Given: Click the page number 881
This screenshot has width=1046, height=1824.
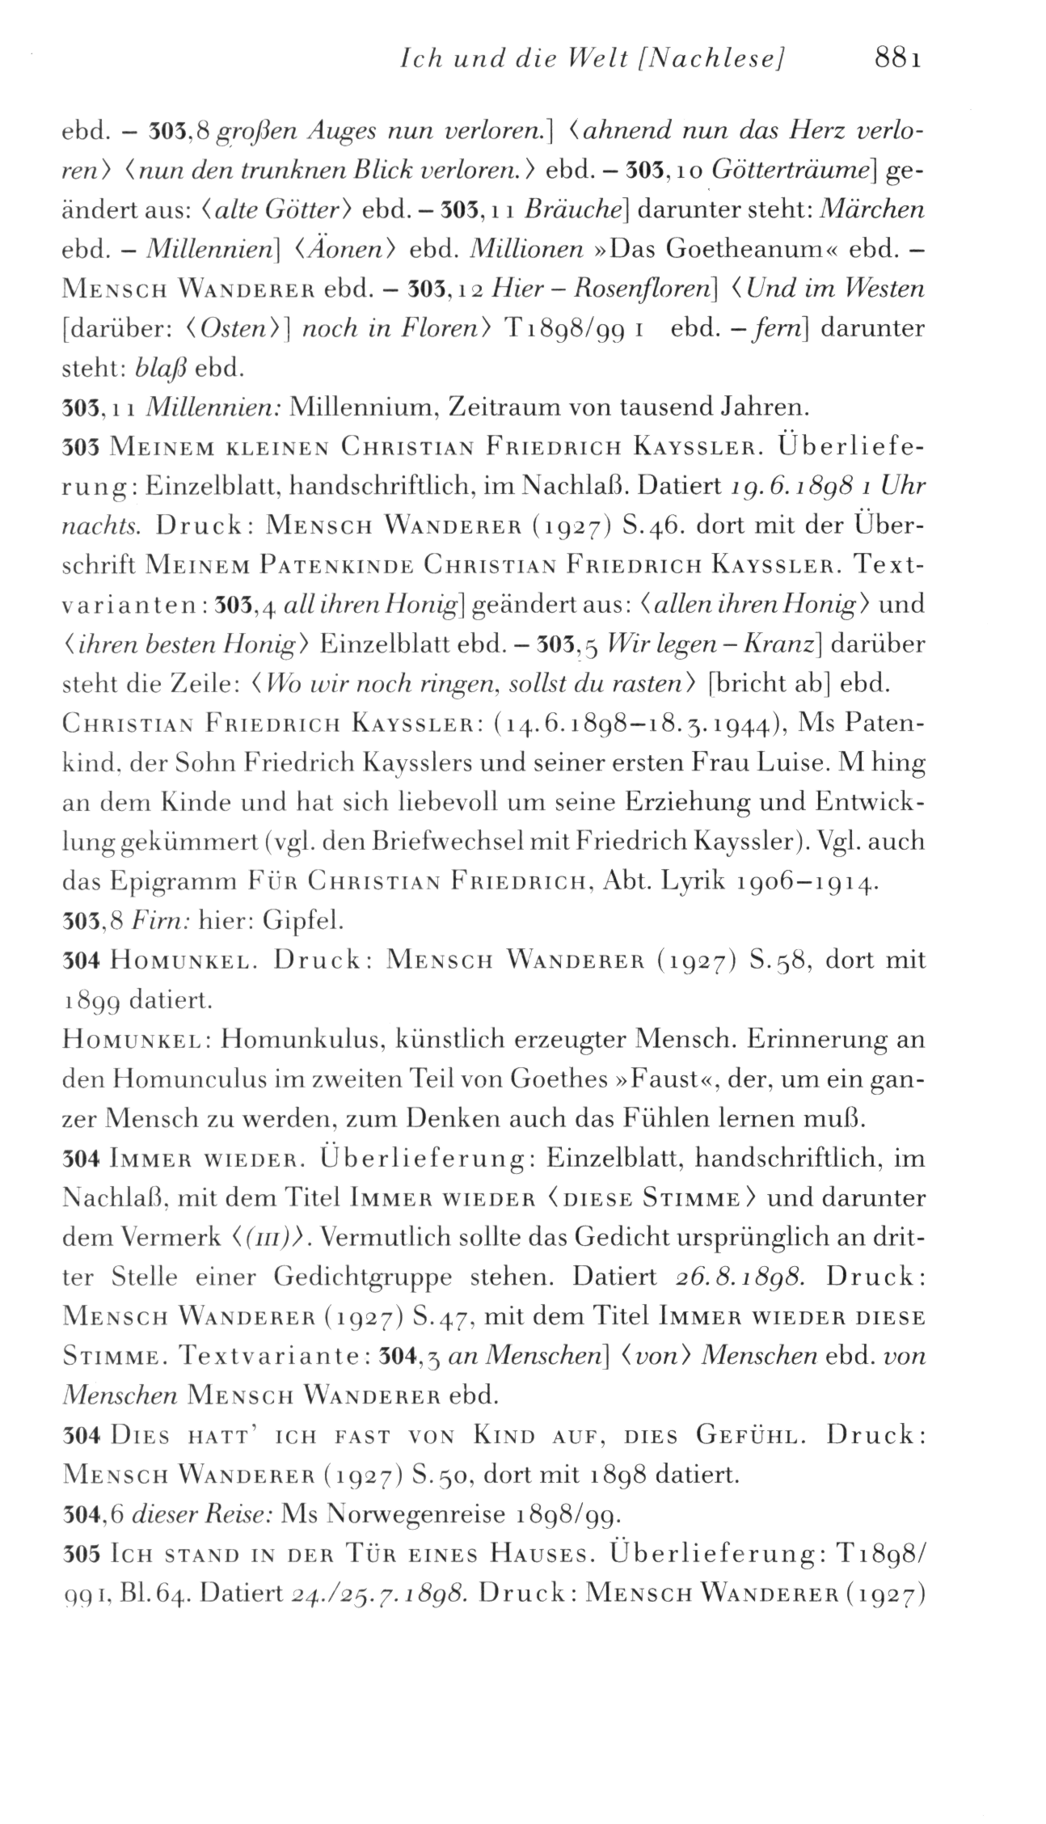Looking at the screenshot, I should [x=897, y=60].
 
